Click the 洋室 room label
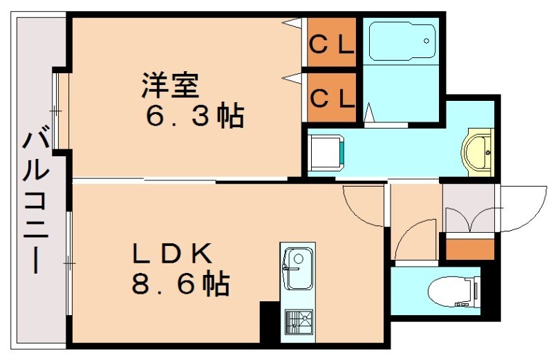click(171, 86)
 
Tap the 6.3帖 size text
click(194, 116)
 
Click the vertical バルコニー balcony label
click(35, 200)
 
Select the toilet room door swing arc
click(415, 238)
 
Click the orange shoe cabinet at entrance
click(469, 247)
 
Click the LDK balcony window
click(69, 263)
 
